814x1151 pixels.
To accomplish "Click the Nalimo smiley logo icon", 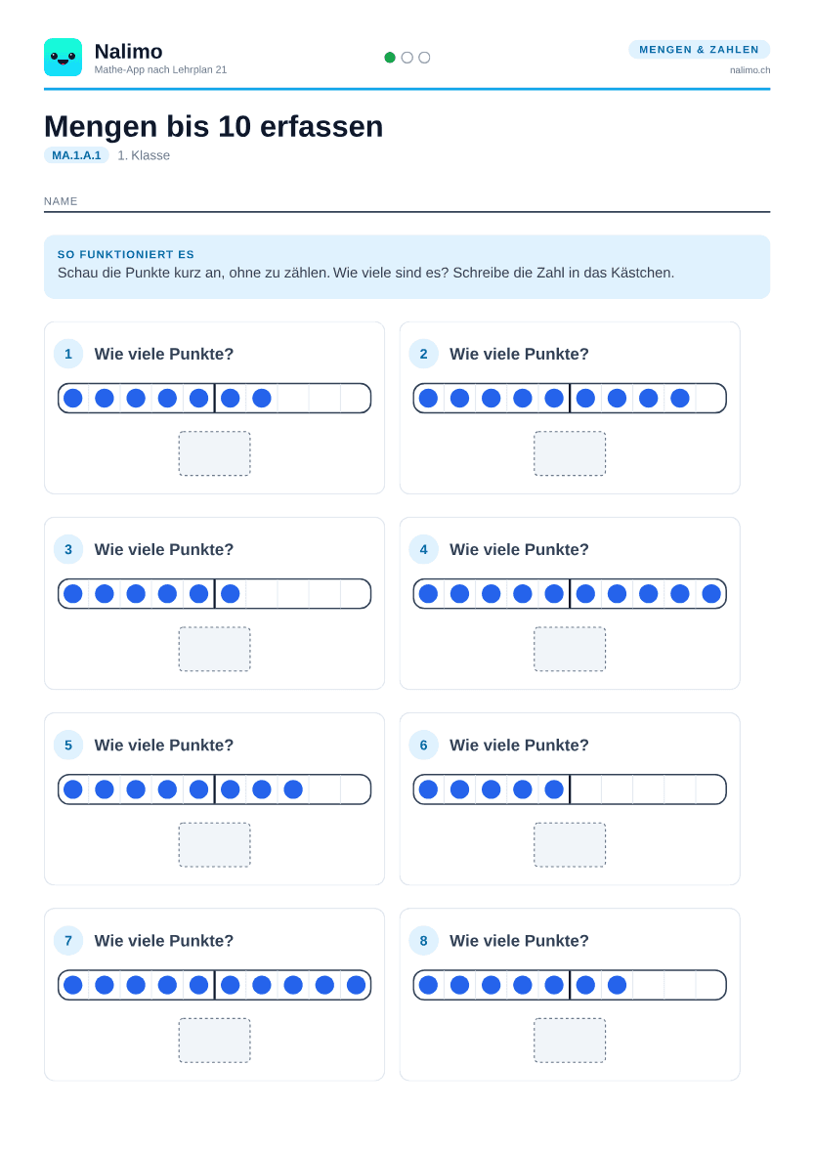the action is click(64, 58).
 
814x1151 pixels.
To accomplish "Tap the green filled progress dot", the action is click(390, 58).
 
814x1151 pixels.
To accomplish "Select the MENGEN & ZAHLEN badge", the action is click(699, 49).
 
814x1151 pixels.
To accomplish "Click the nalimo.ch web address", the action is click(750, 70).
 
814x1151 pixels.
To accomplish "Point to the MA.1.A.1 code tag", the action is click(76, 155).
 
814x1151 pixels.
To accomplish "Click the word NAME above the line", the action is click(61, 201).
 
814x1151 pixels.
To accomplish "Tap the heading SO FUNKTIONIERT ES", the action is click(125, 254).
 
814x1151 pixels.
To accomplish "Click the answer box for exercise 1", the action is click(214, 453).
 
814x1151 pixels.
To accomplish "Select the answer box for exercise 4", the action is click(570, 649).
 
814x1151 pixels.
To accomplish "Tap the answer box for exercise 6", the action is click(570, 845).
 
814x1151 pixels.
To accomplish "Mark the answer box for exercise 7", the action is click(214, 1041).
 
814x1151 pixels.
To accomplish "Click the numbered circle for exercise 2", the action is click(423, 354).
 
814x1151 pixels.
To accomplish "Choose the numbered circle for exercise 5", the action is click(68, 746).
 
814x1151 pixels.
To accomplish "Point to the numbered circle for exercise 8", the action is click(423, 940).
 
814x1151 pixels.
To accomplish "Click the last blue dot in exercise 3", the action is click(231, 594).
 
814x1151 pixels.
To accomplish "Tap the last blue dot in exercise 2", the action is click(680, 398).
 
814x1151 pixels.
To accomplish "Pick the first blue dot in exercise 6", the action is click(429, 789).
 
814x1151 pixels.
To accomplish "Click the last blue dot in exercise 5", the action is click(293, 789).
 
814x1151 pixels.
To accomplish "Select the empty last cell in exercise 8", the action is click(710, 985).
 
